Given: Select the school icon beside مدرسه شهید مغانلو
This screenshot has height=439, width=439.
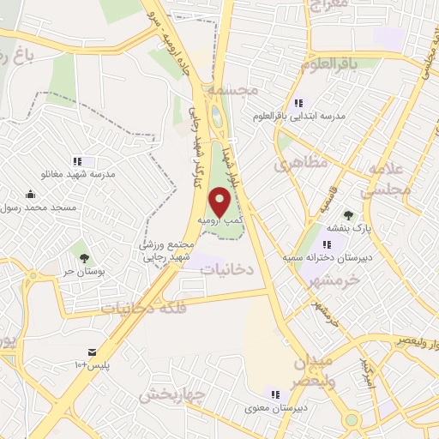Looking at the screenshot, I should click(x=77, y=160).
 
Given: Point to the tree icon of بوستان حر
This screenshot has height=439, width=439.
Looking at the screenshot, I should click(x=83, y=257).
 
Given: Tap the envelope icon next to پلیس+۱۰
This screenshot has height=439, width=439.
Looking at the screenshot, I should click(x=92, y=352).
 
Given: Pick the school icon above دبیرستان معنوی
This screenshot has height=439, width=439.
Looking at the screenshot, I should click(x=274, y=394).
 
